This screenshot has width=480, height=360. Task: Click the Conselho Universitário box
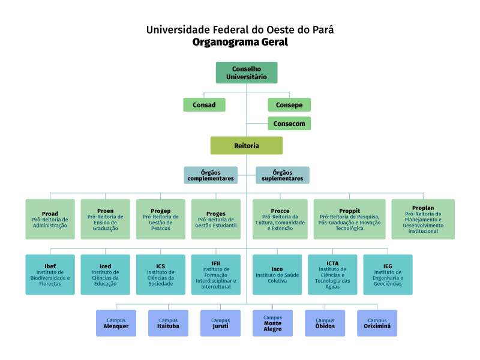pos(246,73)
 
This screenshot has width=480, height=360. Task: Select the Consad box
pos(204,105)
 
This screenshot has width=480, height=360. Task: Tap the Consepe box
pos(289,105)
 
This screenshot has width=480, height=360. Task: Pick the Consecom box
pos(289,124)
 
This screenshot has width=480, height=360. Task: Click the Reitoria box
pos(246,146)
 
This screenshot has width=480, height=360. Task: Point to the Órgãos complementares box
pos(211,175)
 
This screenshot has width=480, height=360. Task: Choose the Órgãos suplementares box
pos(283,175)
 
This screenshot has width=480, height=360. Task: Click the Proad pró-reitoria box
pos(50,220)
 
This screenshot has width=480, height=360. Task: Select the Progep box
pos(161,220)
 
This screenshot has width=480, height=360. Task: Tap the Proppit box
pos(349,220)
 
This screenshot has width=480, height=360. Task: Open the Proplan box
pos(423,220)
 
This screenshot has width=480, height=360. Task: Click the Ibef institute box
pos(50,275)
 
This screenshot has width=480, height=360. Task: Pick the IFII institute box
pos(216,275)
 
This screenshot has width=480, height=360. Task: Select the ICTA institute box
pos(332,275)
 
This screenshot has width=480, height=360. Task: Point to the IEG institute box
pos(388,275)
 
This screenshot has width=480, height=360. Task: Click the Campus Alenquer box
pos(116,323)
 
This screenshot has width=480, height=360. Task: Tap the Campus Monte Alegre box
pos(272,323)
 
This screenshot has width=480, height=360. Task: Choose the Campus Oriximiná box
pos(377,323)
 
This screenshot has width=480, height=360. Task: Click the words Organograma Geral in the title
pos(240,42)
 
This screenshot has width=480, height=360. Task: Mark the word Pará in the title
pos(321,29)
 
